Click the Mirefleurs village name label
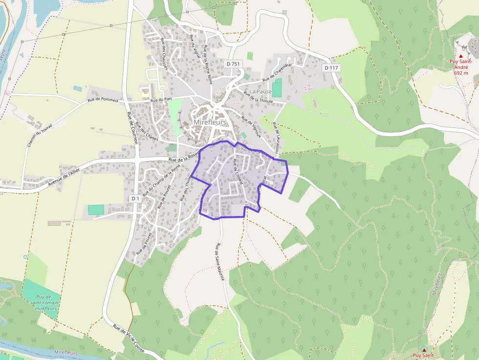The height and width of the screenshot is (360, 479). click(210, 122)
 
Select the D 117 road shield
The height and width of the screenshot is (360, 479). click(331, 68)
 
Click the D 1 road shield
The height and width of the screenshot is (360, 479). click(135, 198)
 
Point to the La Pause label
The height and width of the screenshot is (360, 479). click(260, 91)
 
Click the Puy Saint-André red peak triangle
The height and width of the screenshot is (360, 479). click(460, 56)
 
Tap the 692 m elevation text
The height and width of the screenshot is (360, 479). click(460, 73)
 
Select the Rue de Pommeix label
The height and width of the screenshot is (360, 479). click(103, 100)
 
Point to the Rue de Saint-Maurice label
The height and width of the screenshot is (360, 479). click(219, 262)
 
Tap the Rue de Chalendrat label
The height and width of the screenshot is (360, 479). click(277, 72)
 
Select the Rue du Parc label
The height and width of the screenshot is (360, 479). click(162, 99)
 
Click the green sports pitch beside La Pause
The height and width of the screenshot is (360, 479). click(277, 88)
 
